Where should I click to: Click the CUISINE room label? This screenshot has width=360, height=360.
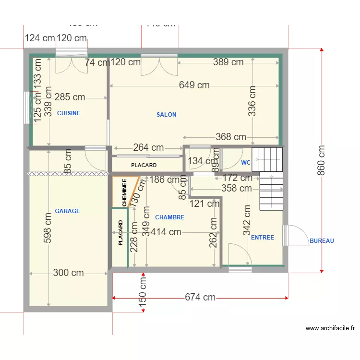point(69,113)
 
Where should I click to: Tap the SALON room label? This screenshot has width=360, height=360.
point(167,115)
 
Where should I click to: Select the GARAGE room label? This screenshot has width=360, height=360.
point(67,211)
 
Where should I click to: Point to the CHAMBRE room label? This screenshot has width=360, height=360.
point(169,217)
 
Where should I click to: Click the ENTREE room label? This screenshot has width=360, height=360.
point(263,238)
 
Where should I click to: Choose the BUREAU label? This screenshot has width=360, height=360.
point(322,241)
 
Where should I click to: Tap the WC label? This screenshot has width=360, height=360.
point(246,163)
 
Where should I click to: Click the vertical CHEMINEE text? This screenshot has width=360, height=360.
point(124,193)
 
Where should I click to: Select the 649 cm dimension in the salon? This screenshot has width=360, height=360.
point(194,85)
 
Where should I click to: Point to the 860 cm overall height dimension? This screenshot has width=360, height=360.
point(322,160)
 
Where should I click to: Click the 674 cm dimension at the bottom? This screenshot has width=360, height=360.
point(200,298)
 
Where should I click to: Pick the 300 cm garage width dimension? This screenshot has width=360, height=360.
point(68,273)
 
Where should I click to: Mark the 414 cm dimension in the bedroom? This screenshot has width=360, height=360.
point(166,232)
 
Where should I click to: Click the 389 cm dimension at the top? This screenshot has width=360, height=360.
point(228,62)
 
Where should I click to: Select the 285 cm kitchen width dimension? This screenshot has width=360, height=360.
point(70,97)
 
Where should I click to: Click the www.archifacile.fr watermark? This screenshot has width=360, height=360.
point(330,329)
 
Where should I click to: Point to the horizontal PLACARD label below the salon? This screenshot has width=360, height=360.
point(144,165)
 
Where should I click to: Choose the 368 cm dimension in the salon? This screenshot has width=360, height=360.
point(231,137)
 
